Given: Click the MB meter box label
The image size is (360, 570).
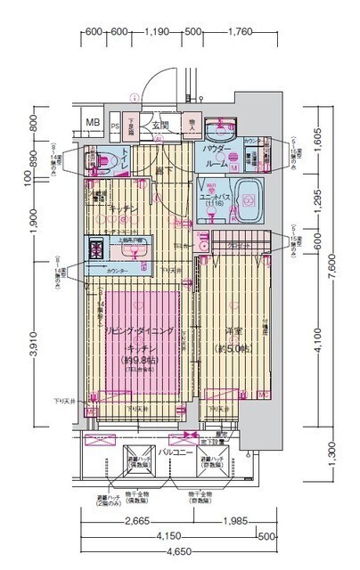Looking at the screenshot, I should (x=92, y=122).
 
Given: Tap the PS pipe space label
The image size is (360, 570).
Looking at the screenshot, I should (x=116, y=125).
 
